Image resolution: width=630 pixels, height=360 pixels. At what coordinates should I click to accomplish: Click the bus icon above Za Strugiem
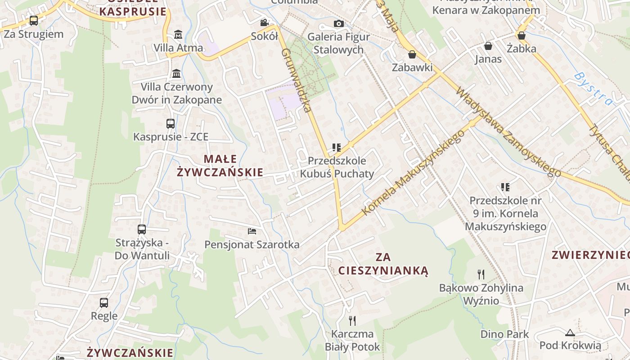(34, 20)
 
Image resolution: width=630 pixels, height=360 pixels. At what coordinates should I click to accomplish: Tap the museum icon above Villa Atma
(178, 34)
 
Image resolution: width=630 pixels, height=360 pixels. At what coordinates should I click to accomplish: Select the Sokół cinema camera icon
(264, 22)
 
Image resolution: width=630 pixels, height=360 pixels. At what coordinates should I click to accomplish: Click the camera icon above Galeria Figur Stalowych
(338, 23)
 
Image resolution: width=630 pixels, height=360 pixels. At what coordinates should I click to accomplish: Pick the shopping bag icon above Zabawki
(412, 54)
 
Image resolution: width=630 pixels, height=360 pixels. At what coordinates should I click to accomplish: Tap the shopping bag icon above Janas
(488, 46)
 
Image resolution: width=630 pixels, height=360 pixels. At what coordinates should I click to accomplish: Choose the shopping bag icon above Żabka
(522, 35)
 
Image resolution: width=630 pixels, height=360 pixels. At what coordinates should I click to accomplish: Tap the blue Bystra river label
(594, 89)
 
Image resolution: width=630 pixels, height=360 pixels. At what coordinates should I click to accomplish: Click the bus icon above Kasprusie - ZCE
(171, 123)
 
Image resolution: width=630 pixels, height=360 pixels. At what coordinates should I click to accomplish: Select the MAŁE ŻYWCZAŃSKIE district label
(220, 166)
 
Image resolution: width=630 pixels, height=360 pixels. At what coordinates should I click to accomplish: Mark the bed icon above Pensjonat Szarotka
(252, 231)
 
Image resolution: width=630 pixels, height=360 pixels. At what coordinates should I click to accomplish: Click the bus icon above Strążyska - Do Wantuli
(142, 229)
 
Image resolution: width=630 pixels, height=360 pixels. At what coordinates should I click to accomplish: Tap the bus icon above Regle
(104, 302)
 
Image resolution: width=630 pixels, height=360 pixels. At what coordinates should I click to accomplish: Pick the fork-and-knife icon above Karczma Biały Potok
(352, 320)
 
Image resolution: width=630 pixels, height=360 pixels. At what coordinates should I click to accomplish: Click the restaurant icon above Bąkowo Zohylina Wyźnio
(481, 274)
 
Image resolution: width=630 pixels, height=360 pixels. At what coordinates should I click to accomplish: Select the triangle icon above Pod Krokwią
(570, 333)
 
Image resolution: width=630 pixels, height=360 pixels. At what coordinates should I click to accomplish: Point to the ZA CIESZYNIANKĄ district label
(383, 264)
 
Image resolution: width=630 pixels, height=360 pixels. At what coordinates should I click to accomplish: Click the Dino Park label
(504, 334)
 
